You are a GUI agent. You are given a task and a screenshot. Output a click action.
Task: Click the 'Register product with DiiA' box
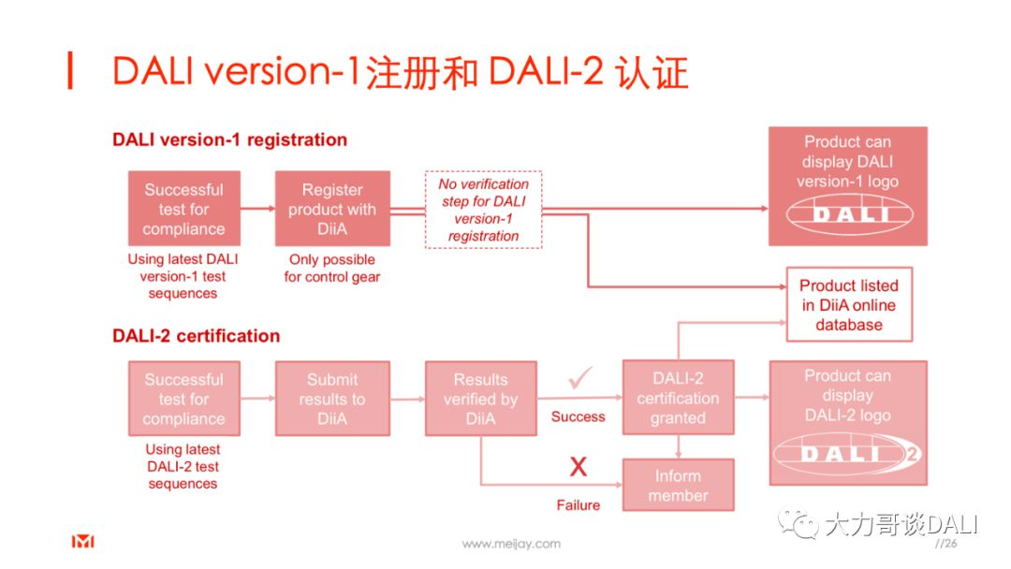click(x=332, y=209)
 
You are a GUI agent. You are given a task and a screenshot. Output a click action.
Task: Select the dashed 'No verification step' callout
click(x=483, y=210)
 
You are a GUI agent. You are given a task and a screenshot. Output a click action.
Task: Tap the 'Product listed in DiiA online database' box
click(x=848, y=305)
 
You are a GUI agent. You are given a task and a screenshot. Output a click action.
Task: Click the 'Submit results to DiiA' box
click(x=332, y=399)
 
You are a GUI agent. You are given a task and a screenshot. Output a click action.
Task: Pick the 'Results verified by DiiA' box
click(x=480, y=399)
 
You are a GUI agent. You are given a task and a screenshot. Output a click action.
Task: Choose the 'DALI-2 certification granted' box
click(x=678, y=398)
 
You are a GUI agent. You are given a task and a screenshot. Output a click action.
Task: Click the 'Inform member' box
click(x=678, y=485)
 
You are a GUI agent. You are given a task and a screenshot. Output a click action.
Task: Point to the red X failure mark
click(x=579, y=466)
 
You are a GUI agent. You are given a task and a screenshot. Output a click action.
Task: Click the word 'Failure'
click(x=579, y=504)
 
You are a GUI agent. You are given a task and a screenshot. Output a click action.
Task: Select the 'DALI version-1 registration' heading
click(x=229, y=140)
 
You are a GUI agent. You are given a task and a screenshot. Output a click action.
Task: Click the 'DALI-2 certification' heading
click(x=196, y=336)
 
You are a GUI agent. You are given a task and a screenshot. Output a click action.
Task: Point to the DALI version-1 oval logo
click(x=848, y=214)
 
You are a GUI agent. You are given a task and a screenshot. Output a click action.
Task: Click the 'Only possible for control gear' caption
click(x=331, y=268)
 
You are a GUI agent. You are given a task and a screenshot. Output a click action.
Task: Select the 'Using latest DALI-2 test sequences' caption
click(x=183, y=466)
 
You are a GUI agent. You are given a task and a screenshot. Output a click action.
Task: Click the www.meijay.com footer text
click(x=511, y=544)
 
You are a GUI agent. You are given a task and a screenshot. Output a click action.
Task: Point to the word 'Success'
click(x=578, y=416)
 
